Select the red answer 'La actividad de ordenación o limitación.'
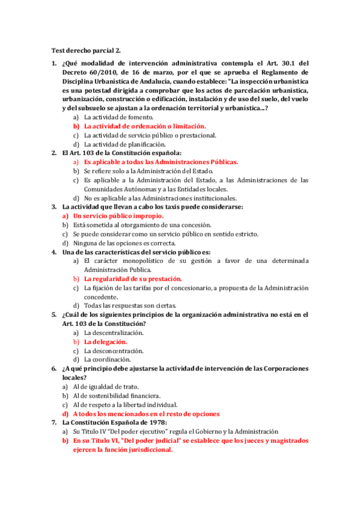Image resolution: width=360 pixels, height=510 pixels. click(144, 126)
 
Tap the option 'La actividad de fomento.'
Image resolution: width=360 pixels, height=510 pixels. click(118, 117)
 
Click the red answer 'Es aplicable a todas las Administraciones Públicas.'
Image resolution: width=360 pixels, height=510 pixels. click(161, 162)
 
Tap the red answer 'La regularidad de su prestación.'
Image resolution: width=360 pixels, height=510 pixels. click(133, 279)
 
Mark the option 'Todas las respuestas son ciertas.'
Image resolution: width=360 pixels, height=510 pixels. click(129, 306)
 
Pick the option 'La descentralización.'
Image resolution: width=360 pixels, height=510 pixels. click(114, 333)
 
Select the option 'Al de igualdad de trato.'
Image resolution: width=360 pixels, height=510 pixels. click(106, 387)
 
